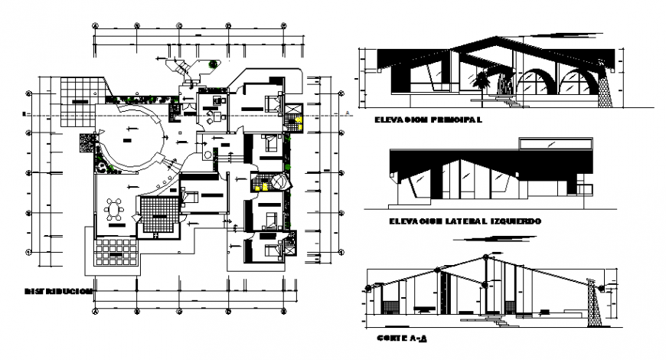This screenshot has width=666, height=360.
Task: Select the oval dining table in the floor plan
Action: point(116,209)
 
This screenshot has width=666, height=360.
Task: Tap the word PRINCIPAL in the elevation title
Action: point(455,120)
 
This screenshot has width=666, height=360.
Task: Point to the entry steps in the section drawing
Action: point(501,320)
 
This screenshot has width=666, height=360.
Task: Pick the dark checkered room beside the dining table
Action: point(159,212)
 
